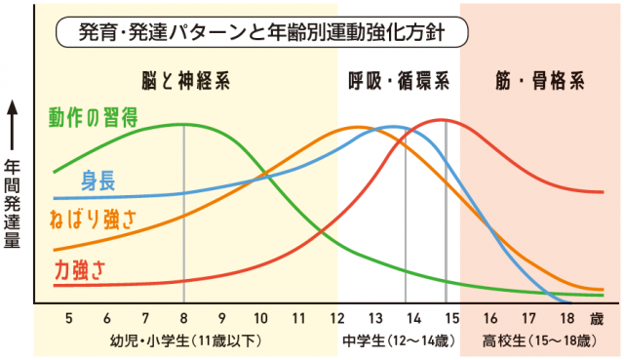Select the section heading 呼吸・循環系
(x=398, y=81)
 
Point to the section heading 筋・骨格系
(x=538, y=81)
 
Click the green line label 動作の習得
(x=93, y=117)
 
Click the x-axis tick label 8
(x=183, y=318)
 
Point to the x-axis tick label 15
(x=451, y=318)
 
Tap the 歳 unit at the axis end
(x=596, y=318)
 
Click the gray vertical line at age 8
(x=183, y=215)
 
